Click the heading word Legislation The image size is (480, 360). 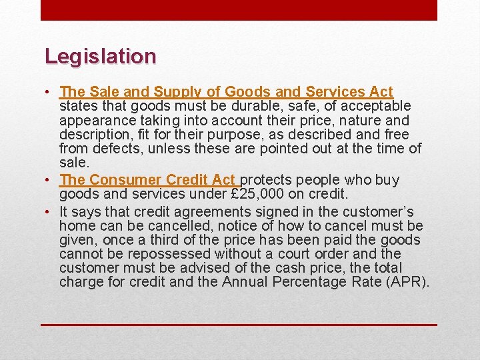100,56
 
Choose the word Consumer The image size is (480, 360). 125,180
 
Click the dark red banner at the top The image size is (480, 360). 239,10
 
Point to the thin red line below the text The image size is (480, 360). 239,325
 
